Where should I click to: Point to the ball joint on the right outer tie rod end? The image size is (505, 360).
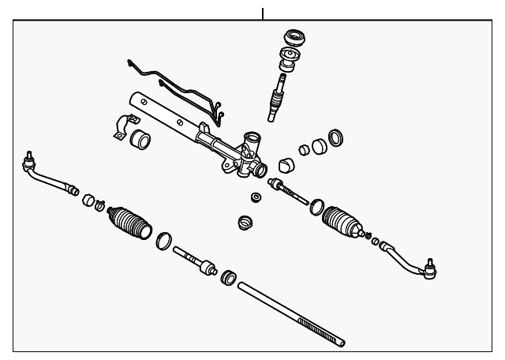[430, 268]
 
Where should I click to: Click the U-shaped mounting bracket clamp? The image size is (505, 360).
[119, 128]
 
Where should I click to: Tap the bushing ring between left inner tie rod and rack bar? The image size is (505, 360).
[228, 277]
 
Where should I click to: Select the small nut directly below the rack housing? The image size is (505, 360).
[256, 197]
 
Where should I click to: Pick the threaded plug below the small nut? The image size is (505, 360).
[245, 222]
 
